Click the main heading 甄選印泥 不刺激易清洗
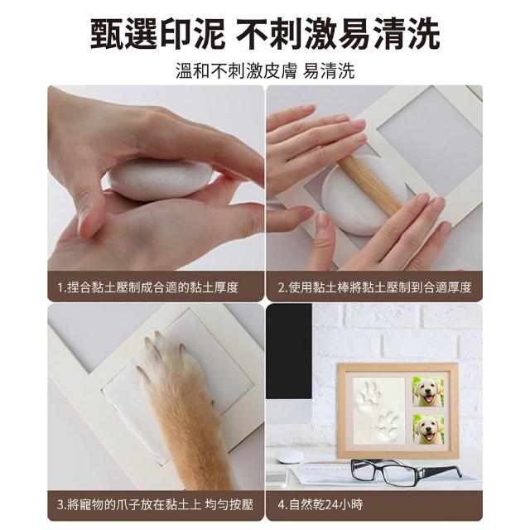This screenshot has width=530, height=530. coord(265,34)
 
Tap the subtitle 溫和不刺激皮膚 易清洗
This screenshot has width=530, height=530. coord(265,71)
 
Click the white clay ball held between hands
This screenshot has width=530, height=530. coord(159,181)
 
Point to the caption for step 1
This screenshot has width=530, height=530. coord(147,287)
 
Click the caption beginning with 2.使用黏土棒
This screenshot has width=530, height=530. coord(374,287)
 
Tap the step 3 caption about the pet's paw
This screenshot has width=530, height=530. coord(155,504)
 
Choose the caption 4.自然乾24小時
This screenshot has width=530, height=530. coord(320,504)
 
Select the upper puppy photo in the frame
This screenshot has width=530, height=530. coord(427,392)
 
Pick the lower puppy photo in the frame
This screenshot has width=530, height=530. coord(428,430)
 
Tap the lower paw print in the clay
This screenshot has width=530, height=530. coord(388,426)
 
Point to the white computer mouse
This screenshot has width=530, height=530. coord(290,456)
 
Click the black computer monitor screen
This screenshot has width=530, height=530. coord(289,351)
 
